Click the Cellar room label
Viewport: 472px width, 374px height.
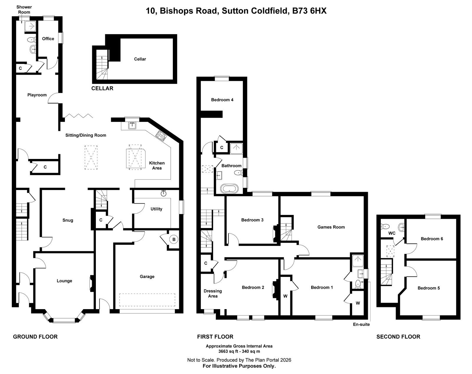(140, 59)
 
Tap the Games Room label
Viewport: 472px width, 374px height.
(331, 227)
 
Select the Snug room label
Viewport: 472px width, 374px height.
(68, 220)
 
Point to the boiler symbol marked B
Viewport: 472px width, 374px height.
(174, 239)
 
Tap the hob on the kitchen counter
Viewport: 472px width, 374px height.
(161, 136)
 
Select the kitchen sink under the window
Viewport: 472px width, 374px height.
(132, 126)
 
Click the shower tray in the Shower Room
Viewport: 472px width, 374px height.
(30, 26)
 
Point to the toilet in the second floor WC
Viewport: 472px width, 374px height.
(385, 226)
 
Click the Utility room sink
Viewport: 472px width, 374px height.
(163, 193)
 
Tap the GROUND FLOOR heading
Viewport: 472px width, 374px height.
(35, 337)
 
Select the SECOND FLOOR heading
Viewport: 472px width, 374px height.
(398, 337)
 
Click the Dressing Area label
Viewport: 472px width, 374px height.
(213, 293)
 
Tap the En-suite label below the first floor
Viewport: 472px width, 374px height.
(361, 324)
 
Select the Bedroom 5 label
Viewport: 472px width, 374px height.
(429, 288)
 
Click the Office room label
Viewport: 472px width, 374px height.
(48, 39)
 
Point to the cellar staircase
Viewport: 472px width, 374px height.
(102, 65)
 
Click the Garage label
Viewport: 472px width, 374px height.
(147, 277)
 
